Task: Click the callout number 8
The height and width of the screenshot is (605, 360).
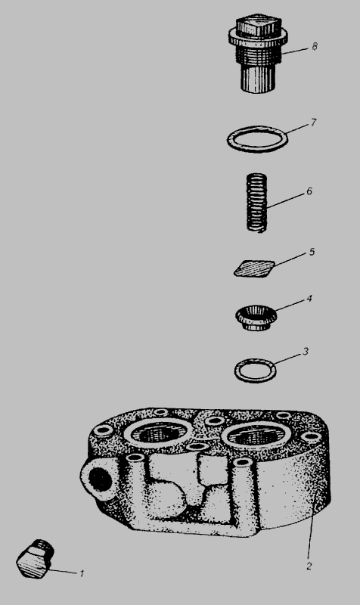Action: coord(315,47)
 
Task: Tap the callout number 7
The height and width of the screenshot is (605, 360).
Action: coord(313,123)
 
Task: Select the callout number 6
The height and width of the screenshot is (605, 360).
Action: coord(309,191)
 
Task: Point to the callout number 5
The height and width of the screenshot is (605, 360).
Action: coord(312,252)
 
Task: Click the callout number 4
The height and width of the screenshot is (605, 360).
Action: coord(309,299)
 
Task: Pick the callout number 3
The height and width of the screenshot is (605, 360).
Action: coord(306,352)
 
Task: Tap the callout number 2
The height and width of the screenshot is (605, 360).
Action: coord(309,566)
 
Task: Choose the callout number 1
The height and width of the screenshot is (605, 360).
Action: coord(82,573)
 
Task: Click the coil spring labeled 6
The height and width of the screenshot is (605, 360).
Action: coord(257,203)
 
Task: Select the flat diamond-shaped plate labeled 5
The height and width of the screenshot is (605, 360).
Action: coord(254,268)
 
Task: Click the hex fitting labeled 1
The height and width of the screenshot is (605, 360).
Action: coord(35,559)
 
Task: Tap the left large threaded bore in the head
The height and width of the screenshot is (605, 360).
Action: coord(158,433)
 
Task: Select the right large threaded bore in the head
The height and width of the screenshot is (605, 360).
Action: coord(257,436)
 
